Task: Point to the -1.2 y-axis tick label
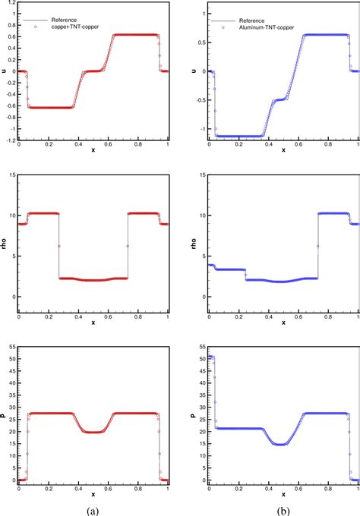pyautogui.click(x=8, y=140)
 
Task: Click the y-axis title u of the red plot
pyautogui.click(x=4, y=71)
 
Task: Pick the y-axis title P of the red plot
pyautogui.click(x=4, y=416)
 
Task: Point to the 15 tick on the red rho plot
pyautogui.click(x=10, y=176)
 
